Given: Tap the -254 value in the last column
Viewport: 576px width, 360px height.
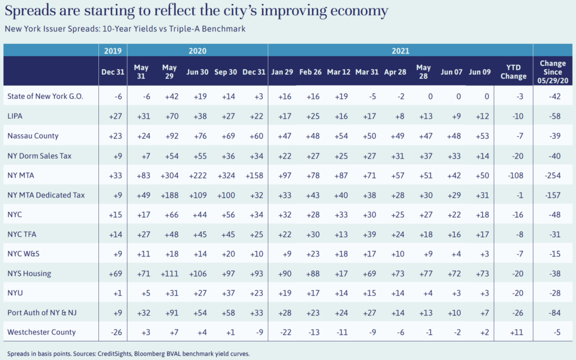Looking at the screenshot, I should (553, 174).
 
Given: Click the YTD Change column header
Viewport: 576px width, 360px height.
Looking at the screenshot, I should (513, 71).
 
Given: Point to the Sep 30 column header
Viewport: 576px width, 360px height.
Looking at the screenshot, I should (225, 71).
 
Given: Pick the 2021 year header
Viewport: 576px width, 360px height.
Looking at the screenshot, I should (400, 51).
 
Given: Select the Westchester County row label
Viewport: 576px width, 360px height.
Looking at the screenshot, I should (42, 332).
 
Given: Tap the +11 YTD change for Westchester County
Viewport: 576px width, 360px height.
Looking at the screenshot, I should (513, 332).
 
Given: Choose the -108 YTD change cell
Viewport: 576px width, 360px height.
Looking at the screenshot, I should (513, 174).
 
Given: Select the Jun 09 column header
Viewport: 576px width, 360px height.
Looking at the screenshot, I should (479, 71).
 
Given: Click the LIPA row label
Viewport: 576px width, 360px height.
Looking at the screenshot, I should (15, 115).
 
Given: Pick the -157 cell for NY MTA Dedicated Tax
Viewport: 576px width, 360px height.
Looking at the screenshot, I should (553, 195).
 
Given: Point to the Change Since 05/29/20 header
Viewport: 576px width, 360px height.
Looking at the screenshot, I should (553, 71).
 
